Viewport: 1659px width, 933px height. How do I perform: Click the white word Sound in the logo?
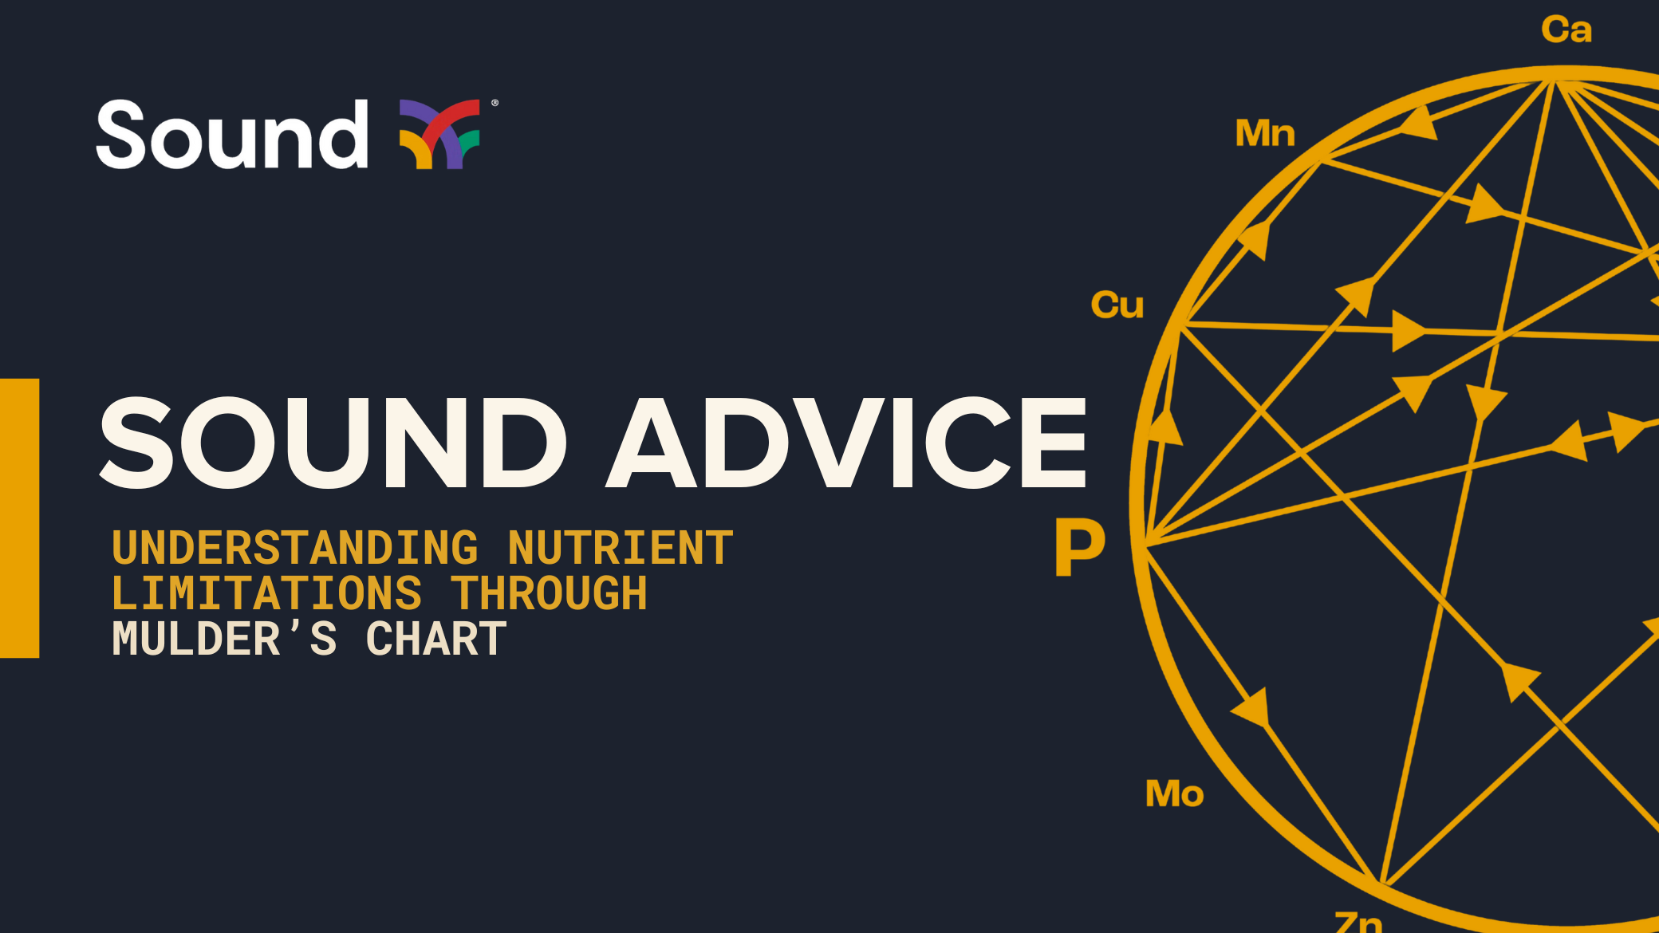click(x=231, y=136)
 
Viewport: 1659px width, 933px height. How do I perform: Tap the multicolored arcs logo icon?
click(x=439, y=134)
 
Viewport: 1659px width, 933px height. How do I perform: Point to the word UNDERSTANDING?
click(x=295, y=549)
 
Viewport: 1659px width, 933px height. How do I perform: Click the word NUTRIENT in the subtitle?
click(x=621, y=549)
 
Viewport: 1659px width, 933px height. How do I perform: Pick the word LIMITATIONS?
click(x=266, y=594)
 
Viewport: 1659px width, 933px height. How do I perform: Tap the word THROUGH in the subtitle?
click(x=550, y=594)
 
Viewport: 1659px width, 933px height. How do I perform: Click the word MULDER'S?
click(x=224, y=640)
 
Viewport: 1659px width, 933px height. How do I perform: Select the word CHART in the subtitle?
click(x=436, y=640)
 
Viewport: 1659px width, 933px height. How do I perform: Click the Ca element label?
click(x=1566, y=30)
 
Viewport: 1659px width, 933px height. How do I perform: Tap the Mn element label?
click(x=1265, y=133)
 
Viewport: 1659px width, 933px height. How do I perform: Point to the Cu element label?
click(x=1117, y=305)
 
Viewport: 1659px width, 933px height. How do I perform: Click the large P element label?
click(x=1080, y=547)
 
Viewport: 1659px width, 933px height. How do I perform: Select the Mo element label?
click(x=1174, y=794)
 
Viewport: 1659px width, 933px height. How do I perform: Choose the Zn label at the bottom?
click(x=1358, y=922)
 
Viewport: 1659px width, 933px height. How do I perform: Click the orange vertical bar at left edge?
click(x=19, y=518)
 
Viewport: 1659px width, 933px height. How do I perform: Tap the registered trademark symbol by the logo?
click(x=495, y=103)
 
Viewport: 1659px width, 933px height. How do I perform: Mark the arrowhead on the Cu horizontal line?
click(x=1408, y=330)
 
